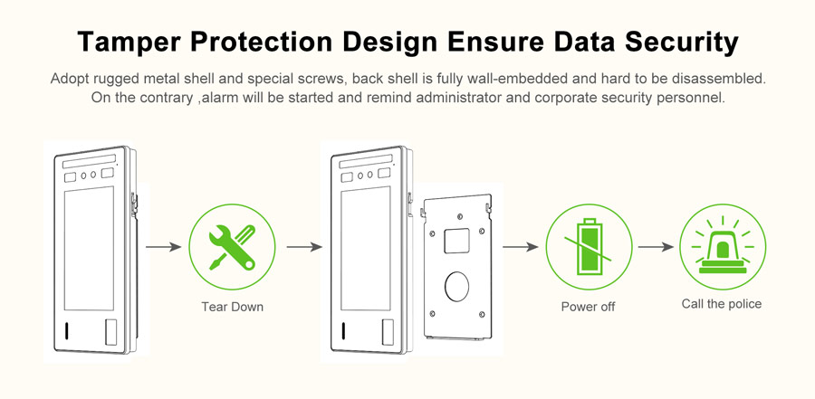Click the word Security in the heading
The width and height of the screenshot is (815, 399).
pos(681,43)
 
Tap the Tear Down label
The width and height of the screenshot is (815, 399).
pos(233,307)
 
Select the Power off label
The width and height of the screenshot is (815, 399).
pos(588,307)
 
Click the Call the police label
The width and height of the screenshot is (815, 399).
pos(722,304)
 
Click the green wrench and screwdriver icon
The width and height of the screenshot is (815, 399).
pos(232,247)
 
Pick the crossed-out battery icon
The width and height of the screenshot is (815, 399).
pos(589,247)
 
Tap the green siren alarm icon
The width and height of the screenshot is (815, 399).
pos(723,247)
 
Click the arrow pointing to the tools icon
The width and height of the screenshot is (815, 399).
pos(163,247)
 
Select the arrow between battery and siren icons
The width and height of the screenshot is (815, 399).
pos(656,247)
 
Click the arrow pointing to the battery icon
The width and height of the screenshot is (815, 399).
pos(521,247)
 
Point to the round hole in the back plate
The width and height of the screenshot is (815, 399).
pos(456,286)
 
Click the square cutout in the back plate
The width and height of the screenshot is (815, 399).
pos(456,241)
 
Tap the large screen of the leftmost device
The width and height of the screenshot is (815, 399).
pos(89,248)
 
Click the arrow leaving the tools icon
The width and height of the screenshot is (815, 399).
pos(304,247)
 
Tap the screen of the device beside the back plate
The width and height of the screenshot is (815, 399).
pos(366,248)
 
